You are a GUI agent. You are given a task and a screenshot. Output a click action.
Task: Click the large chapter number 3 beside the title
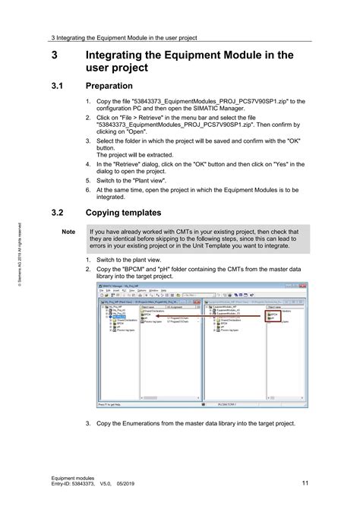pos(54,55)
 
